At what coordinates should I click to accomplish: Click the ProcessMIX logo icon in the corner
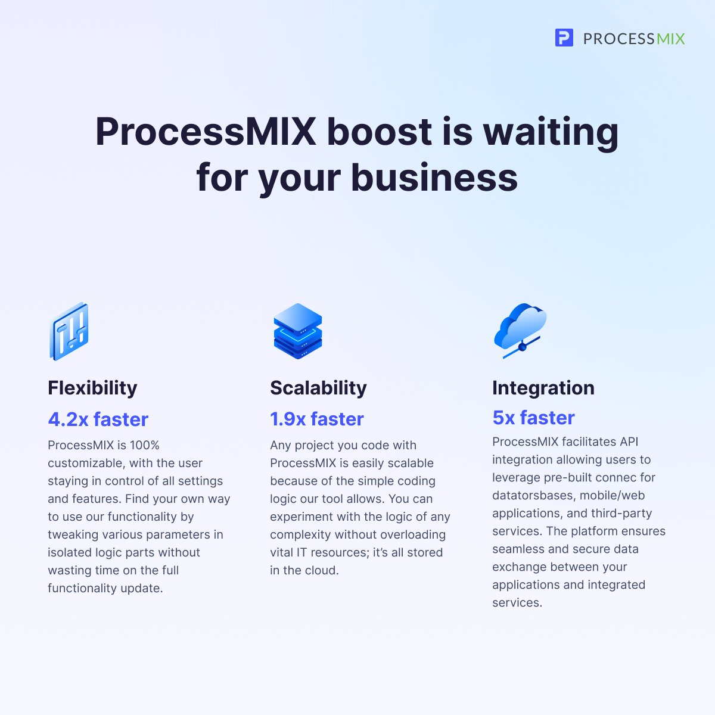(564, 38)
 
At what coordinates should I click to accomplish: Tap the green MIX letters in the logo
(670, 39)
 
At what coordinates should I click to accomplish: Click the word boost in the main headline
(379, 132)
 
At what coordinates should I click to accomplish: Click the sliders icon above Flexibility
(69, 331)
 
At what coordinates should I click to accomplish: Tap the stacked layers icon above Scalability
(297, 331)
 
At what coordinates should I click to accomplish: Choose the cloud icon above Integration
(520, 329)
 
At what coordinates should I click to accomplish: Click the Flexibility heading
(92, 388)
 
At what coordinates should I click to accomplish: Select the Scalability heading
(318, 388)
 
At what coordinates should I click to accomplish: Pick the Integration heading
(543, 388)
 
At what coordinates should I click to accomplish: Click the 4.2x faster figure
(98, 419)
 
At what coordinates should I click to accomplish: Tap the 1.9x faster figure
(316, 419)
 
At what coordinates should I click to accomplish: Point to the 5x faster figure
(533, 418)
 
